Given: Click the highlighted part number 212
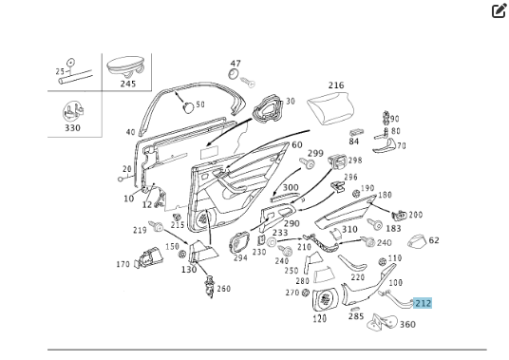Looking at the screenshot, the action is pyautogui.click(x=423, y=304).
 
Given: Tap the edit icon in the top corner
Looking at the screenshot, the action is pyautogui.click(x=500, y=10).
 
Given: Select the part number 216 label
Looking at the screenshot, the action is pyautogui.click(x=336, y=85).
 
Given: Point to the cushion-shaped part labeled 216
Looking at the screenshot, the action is pyautogui.click(x=330, y=107).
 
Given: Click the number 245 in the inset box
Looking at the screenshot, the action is pyautogui.click(x=128, y=84).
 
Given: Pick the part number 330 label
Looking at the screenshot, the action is pyautogui.click(x=72, y=127).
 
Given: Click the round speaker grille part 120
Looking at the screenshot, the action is pyautogui.click(x=325, y=300).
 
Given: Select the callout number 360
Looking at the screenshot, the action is pyautogui.click(x=407, y=324).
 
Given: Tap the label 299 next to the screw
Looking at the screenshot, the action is pyautogui.click(x=315, y=153).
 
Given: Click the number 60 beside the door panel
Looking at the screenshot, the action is pyautogui.click(x=297, y=144).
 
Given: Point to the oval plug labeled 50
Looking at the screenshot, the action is pyautogui.click(x=189, y=106).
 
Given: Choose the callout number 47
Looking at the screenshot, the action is pyautogui.click(x=236, y=64).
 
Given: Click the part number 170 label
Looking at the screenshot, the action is pyautogui.click(x=123, y=264).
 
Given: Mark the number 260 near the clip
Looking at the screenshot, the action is pyautogui.click(x=224, y=289).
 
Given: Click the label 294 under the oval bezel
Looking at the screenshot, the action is pyautogui.click(x=240, y=258).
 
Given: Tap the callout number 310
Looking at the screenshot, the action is pyautogui.click(x=349, y=230).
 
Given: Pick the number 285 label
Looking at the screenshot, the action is pyautogui.click(x=356, y=316).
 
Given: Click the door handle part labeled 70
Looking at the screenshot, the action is pyautogui.click(x=384, y=145).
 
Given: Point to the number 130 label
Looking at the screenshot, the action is pyautogui.click(x=189, y=270).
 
